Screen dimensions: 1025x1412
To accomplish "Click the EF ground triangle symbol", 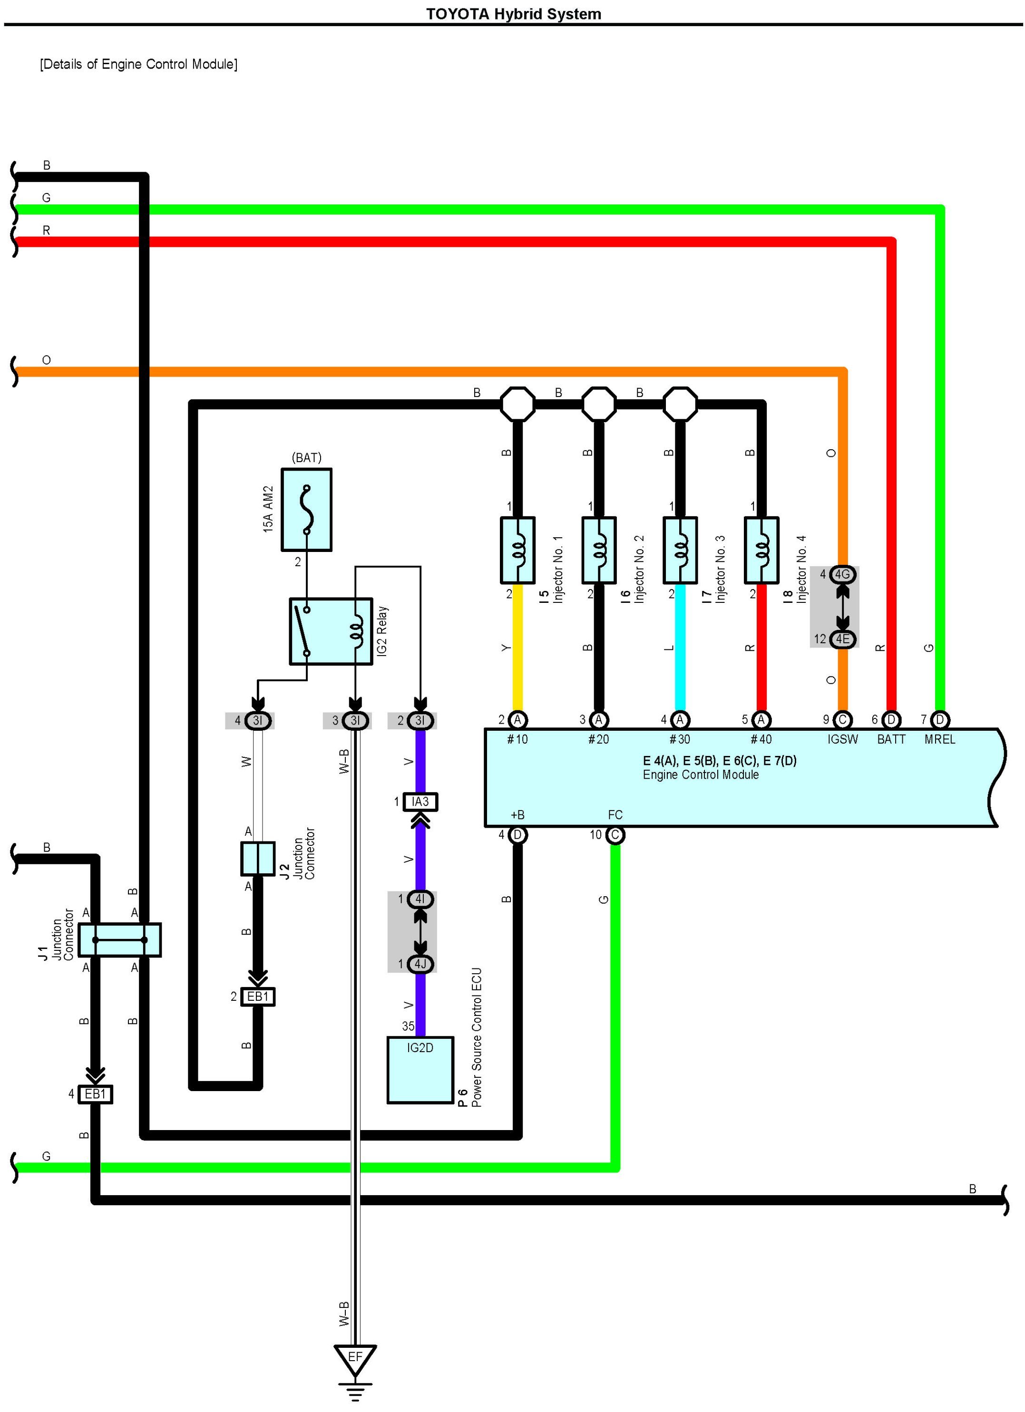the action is (x=355, y=1358).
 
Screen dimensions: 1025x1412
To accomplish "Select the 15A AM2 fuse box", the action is (x=306, y=510).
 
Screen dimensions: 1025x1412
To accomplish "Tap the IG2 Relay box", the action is (x=331, y=631).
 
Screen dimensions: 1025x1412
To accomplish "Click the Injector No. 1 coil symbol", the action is (x=517, y=550).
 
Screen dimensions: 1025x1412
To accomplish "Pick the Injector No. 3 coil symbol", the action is (x=680, y=550).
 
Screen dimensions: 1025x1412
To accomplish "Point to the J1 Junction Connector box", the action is (x=119, y=939).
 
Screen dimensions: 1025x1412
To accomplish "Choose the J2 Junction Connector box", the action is (x=258, y=859).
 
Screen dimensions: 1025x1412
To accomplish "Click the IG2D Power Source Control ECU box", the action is (x=420, y=1070).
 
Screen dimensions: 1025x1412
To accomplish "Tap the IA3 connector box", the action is (x=420, y=802).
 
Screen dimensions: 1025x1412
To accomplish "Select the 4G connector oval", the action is (x=842, y=574).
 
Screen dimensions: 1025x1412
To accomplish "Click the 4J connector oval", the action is (x=420, y=964).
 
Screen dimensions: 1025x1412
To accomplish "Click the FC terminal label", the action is (x=615, y=815).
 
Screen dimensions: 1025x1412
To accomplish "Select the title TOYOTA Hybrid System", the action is (x=513, y=14).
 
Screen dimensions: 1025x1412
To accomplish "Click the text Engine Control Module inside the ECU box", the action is (x=701, y=774).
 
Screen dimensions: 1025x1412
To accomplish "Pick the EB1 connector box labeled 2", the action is (x=258, y=997).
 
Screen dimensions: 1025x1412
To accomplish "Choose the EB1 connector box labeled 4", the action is (x=95, y=1094).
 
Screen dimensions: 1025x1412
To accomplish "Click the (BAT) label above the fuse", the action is (x=306, y=457).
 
